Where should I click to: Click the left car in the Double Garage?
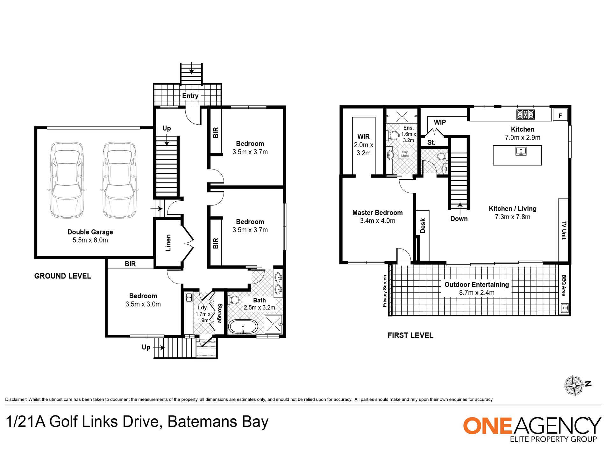(67, 180)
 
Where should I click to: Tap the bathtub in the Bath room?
(243, 327)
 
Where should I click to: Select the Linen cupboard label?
(168, 243)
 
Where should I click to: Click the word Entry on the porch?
(190, 96)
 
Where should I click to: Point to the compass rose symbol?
(574, 386)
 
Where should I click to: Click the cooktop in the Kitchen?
(525, 114)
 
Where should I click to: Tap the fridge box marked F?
(560, 115)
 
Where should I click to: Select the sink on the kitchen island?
(521, 151)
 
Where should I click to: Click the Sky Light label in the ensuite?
(405, 154)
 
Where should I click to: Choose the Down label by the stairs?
(459, 219)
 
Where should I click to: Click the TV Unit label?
(564, 230)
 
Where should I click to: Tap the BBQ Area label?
(564, 285)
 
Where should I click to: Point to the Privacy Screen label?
(385, 291)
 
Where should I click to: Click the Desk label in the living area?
(423, 226)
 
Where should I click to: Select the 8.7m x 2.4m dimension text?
(477, 293)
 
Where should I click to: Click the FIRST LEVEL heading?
(410, 335)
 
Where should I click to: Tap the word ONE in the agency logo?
(488, 426)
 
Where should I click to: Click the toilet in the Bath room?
(234, 300)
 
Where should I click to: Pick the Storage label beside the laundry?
(220, 313)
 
